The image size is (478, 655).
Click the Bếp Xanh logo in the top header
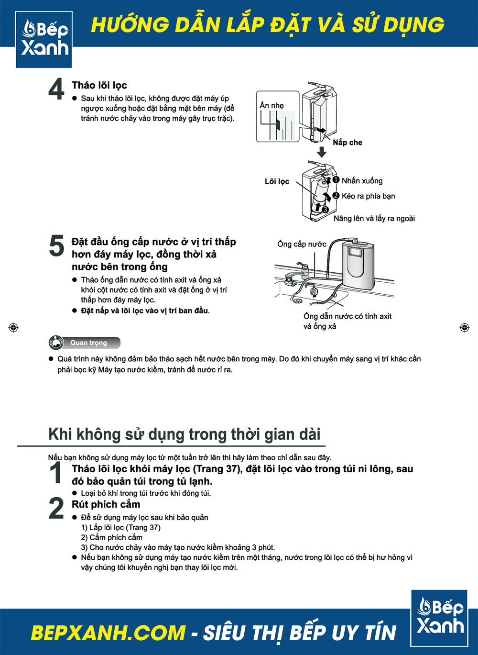tap(44, 39)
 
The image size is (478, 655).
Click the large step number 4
tap(56, 89)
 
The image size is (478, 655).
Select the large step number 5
tap(56, 246)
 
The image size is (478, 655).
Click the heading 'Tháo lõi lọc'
tap(99, 85)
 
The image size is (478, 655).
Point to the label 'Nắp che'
tap(348, 143)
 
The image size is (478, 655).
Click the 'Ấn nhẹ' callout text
tap(272, 105)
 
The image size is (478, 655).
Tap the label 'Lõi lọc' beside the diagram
tap(277, 181)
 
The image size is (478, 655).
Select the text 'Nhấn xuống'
tap(362, 181)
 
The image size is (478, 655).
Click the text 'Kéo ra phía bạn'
tap(368, 196)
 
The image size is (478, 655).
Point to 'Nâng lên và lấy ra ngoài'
tap(374, 219)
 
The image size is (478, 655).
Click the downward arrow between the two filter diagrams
tap(322, 152)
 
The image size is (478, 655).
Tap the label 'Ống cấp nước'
tap(302, 244)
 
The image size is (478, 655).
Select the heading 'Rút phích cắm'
tap(106, 504)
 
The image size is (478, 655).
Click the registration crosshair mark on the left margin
tap(13, 328)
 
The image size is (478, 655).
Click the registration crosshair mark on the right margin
tap(464, 328)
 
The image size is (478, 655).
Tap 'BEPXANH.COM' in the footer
tap(108, 633)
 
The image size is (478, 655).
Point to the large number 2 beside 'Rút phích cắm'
tap(56, 508)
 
